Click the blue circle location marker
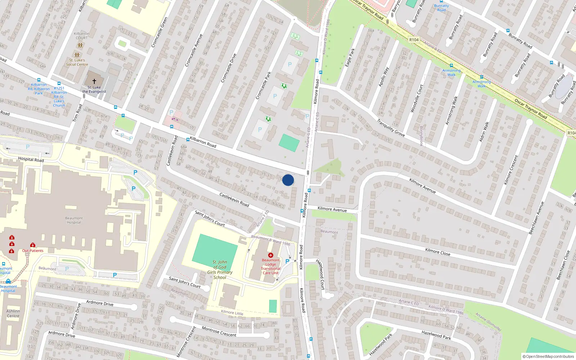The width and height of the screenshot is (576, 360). click(288, 180)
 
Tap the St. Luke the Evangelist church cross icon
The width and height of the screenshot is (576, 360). click(94, 82)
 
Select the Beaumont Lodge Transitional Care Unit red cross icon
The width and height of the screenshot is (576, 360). click(271, 255)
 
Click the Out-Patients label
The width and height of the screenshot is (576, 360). click(33, 251)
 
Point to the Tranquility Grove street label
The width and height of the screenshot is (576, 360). click(391, 128)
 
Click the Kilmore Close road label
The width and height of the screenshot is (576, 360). click(437, 252)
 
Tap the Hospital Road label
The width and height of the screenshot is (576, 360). click(31, 159)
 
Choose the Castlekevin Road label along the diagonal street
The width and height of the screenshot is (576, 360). click(234, 200)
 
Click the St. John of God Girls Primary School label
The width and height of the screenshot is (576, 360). click(220, 270)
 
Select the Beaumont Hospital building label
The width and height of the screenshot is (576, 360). click(74, 220)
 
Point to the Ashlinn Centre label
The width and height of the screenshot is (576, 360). click(13, 314)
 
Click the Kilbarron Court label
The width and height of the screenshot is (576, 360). click(81, 36)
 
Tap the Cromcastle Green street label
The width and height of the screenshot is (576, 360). click(159, 32)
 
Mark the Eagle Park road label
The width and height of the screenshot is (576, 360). click(350, 58)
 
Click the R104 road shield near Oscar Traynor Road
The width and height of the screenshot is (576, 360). click(414, 40)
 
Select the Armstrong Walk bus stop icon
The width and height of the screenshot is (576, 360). click(451, 66)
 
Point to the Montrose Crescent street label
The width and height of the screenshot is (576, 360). click(219, 332)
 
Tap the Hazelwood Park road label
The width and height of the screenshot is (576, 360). click(436, 335)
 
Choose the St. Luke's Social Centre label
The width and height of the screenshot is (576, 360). click(77, 62)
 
